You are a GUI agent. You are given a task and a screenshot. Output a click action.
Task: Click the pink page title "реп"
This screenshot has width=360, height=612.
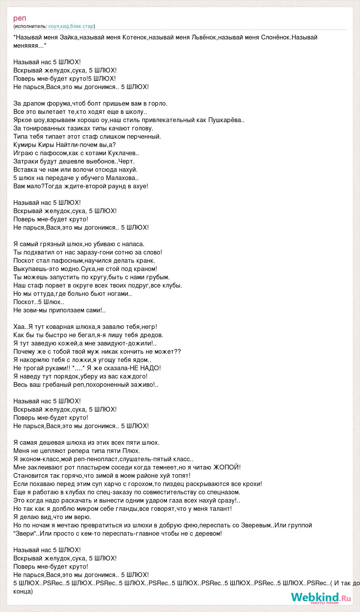[20, 18]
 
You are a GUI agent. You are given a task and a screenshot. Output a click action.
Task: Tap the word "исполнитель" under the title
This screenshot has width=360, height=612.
[31, 26]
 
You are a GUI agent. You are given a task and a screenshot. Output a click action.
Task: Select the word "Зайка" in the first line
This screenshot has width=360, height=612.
[69, 37]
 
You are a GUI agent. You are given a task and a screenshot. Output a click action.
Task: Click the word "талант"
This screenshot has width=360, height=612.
[220, 509]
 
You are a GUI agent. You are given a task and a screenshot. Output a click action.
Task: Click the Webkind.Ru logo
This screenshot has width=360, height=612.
[321, 597]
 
